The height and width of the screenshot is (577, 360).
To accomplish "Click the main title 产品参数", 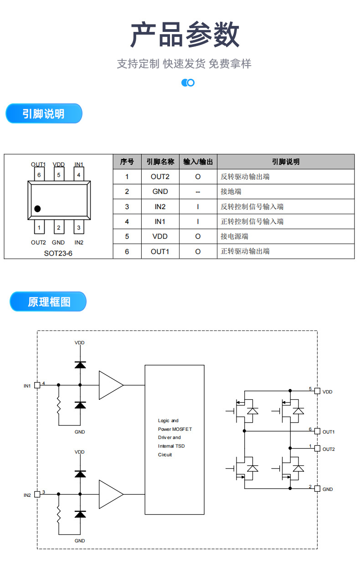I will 185,35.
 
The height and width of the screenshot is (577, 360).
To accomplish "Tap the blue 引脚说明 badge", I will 44,114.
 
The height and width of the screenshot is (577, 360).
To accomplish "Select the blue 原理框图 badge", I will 48,301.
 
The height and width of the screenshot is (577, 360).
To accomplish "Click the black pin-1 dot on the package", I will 37,209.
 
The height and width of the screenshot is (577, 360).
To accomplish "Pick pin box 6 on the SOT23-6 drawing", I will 39,174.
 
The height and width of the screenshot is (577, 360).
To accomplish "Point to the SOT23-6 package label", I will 58,253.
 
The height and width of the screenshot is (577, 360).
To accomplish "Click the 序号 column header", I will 127,162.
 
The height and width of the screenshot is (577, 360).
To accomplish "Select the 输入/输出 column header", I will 198,162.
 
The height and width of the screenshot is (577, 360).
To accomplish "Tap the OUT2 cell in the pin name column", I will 160,177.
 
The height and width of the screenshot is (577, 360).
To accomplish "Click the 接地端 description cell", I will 231,192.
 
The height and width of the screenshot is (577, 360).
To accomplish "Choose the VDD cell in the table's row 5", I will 160,236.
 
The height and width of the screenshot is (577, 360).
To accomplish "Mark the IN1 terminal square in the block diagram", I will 37,385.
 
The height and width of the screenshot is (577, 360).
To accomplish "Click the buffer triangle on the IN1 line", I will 110,385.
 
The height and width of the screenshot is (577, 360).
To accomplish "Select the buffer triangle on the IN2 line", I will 110,494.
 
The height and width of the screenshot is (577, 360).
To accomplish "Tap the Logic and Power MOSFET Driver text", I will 174,438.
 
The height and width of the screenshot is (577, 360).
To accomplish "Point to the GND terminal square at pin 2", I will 317,489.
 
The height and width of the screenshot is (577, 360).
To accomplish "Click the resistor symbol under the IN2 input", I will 58,515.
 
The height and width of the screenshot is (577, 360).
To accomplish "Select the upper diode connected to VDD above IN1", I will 80,364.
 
